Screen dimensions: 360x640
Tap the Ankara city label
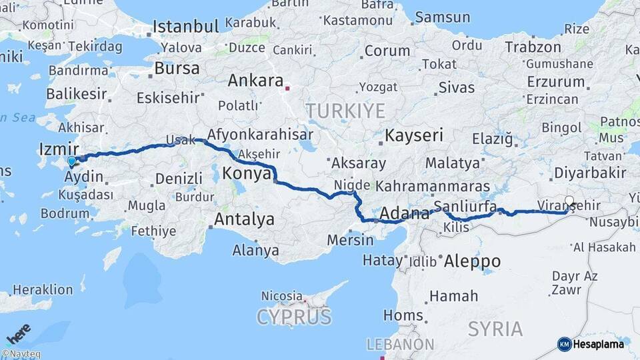point(256,81)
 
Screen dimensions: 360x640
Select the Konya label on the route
point(246,173)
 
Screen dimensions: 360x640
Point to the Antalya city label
point(244,219)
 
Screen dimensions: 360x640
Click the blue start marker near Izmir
point(72,161)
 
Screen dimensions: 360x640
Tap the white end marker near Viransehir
point(569,201)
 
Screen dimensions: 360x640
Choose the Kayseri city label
point(414,135)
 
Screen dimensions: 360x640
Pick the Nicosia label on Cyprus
point(282,295)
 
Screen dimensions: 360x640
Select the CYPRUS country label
point(294,316)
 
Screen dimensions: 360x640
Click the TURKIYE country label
point(345,110)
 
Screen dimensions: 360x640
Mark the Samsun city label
point(442,17)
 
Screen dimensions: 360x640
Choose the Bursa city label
point(177,68)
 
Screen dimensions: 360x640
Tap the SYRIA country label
point(495,328)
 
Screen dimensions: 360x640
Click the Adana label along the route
point(405,215)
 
